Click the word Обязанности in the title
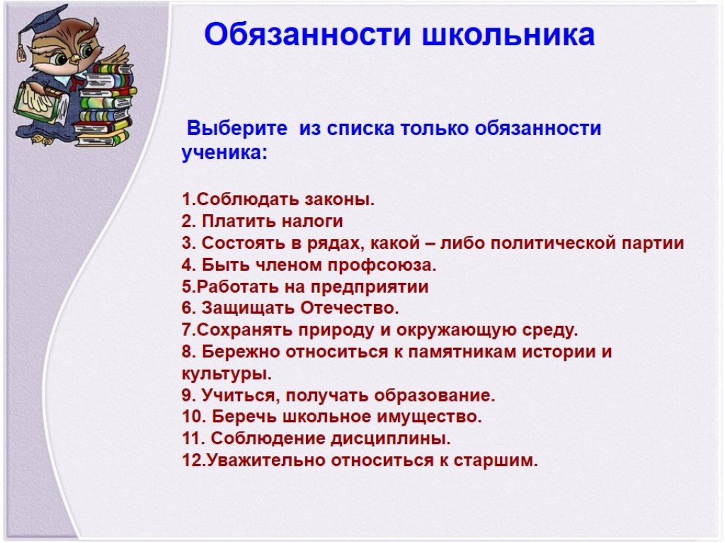307,34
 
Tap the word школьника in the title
508,34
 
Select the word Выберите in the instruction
236,128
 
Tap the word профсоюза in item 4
382,266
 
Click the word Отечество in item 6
350,308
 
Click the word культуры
227,374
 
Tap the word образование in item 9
434,396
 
